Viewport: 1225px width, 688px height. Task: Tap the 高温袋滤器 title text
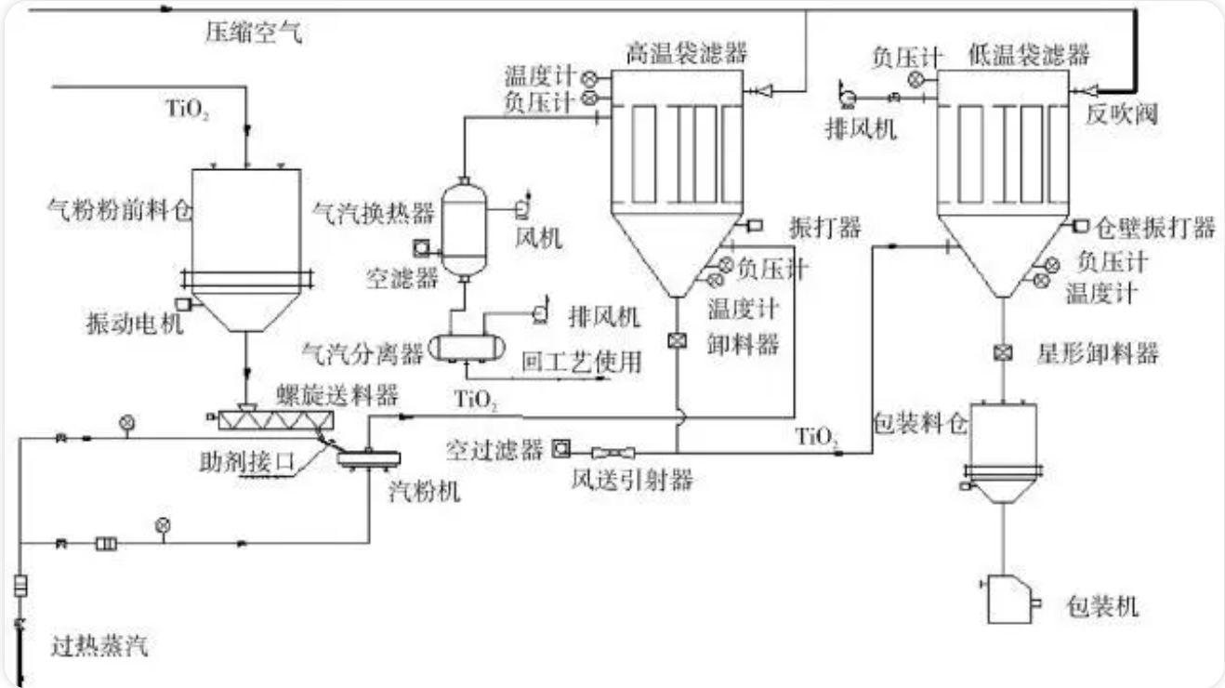(687, 53)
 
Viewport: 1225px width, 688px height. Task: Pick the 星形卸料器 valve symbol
(1002, 353)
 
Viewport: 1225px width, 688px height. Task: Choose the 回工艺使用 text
(583, 361)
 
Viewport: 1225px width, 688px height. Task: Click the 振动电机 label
(135, 324)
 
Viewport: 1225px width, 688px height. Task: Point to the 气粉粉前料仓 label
(119, 212)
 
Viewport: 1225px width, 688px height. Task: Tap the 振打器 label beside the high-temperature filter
(824, 227)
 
